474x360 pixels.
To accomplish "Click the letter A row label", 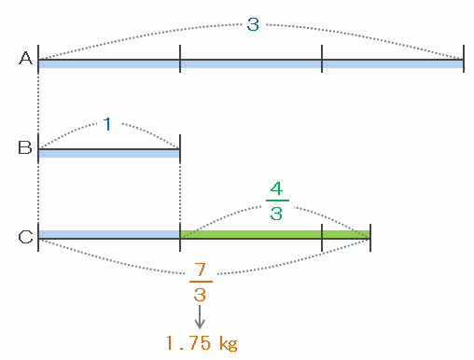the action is coord(25,58).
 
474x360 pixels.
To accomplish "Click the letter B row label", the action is coord(25,147).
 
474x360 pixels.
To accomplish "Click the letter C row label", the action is coord(25,237).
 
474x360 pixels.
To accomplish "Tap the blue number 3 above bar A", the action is coord(253,24).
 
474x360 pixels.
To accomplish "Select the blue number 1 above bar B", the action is coord(107,124).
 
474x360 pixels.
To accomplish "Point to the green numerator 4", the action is coord(276,188).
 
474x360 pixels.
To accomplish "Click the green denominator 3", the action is coord(276,214).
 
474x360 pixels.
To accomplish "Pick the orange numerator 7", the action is coord(201,270).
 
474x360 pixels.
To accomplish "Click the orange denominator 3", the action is coord(200,295).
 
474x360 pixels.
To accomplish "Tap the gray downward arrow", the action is coord(200,317).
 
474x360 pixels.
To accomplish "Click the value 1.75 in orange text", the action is coord(188,343).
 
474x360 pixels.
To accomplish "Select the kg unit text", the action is coord(229,343).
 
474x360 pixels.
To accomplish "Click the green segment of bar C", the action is coord(275,234).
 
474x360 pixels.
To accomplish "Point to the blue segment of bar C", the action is coord(109,234).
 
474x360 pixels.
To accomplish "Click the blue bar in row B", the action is coord(109,154).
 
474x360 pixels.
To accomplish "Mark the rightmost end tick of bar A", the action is coord(464,59).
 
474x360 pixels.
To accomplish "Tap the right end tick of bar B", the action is coord(180,148).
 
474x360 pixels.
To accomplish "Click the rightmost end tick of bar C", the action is coord(370,238).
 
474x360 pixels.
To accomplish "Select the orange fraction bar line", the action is coord(201,282).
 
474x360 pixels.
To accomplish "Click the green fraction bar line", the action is coord(277,201).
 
